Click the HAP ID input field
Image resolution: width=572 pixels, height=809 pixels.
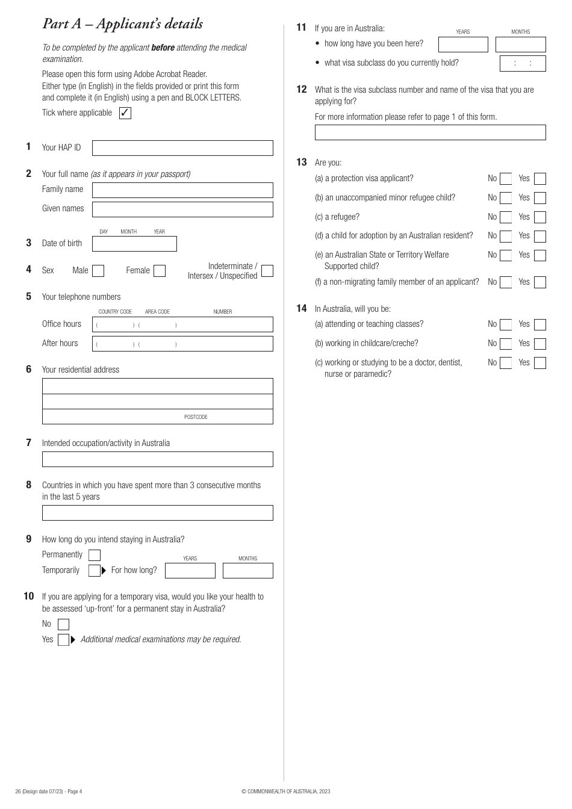pyautogui.click(x=182, y=148)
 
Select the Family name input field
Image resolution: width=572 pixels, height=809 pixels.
pyautogui.click(x=182, y=190)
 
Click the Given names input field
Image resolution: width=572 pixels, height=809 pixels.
pyautogui.click(x=182, y=209)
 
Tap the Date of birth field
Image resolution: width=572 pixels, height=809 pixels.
pyautogui.click(x=134, y=244)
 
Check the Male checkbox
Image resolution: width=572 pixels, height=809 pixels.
pyautogui.click(x=98, y=271)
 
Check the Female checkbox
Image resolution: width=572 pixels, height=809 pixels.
pyautogui.click(x=160, y=271)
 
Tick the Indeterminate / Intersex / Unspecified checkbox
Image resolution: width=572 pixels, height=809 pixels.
pyautogui.click(x=267, y=271)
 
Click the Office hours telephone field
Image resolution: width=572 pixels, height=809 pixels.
pyautogui.click(x=182, y=324)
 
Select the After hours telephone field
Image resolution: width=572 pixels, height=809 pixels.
pyautogui.click(x=182, y=344)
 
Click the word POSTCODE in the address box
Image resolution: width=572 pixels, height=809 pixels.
pyautogui.click(x=196, y=417)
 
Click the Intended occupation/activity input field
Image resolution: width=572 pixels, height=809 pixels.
pyautogui.click(x=157, y=459)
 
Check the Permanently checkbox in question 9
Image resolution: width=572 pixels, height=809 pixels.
pyautogui.click(x=95, y=555)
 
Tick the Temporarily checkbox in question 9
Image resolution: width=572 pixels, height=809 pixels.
pyautogui.click(x=95, y=571)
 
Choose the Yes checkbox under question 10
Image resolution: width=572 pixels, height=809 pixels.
pyautogui.click(x=63, y=640)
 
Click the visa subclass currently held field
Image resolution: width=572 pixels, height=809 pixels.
pyautogui.click(x=523, y=64)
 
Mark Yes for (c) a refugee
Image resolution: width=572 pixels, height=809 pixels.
pyautogui.click(x=540, y=217)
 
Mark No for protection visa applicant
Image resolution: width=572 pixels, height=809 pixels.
pyautogui.click(x=506, y=179)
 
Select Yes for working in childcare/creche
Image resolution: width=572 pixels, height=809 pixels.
pyautogui.click(x=540, y=344)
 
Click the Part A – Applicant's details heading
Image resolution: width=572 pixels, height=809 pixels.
pyautogui.click(x=123, y=24)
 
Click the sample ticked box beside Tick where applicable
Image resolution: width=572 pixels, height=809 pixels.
pyautogui.click(x=125, y=113)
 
